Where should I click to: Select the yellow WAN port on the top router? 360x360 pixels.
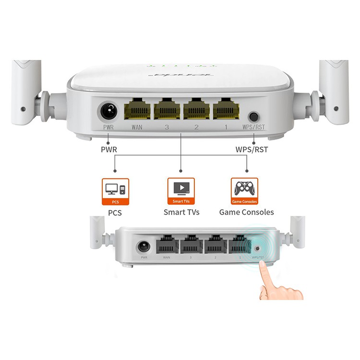(x=137, y=109)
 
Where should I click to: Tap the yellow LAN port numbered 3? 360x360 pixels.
(x=167, y=109)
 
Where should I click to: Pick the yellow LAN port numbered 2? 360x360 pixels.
(x=196, y=109)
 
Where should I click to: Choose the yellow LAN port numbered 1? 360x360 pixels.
(x=226, y=109)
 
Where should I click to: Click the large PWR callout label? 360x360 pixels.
(x=108, y=150)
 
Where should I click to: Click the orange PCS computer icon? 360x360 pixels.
(x=116, y=191)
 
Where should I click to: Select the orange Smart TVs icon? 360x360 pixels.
(x=181, y=191)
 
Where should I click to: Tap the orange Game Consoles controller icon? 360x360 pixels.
(x=245, y=191)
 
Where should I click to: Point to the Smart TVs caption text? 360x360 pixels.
(x=181, y=212)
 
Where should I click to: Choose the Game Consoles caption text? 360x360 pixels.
(x=247, y=212)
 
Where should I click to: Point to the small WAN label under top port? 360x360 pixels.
(x=137, y=128)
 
